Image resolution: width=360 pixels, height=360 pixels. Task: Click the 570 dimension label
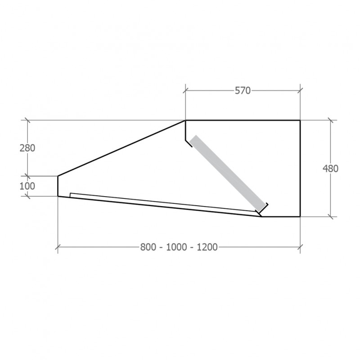243,91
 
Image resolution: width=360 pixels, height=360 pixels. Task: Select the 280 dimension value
27,148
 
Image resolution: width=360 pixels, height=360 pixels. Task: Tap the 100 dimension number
27,186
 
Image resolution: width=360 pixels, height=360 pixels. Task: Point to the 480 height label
330,169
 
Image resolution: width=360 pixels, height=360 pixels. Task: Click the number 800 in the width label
148,247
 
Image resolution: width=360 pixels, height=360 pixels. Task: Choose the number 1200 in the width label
207,247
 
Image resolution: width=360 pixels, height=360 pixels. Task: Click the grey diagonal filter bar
228,174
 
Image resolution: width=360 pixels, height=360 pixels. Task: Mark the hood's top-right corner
300,120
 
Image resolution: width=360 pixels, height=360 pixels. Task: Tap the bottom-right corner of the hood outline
300,216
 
